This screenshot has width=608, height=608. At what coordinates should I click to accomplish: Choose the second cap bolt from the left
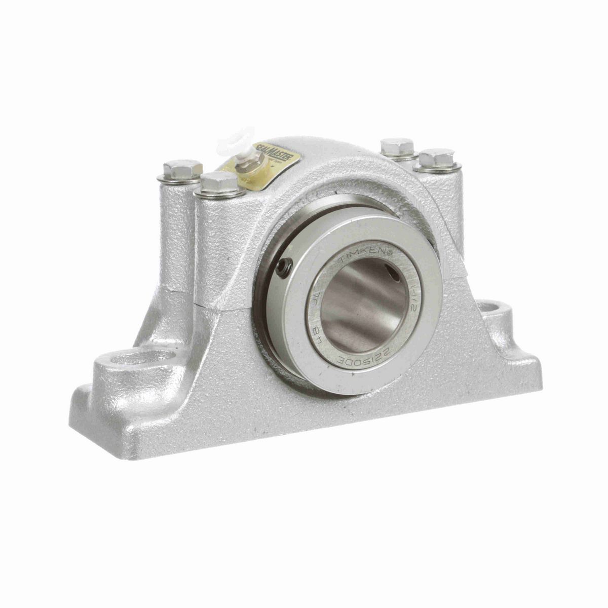coord(218,182)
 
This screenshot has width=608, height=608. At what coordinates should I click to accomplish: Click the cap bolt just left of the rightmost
coord(398,147)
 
